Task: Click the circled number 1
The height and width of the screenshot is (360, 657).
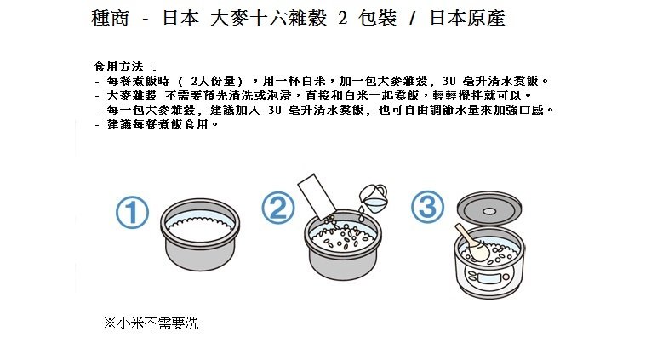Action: coord(133,213)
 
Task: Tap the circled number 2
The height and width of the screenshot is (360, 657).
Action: coord(278,208)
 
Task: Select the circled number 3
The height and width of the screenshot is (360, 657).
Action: coord(427,207)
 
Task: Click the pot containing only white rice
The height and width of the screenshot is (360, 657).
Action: coord(200,235)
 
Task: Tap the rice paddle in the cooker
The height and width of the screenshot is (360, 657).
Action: coord(472,243)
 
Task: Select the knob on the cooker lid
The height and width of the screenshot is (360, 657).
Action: coord(488,211)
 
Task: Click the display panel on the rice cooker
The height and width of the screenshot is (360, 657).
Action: coord(489,278)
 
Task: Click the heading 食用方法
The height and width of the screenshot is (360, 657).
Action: coord(118,66)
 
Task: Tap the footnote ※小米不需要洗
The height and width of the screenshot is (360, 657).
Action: coord(151,323)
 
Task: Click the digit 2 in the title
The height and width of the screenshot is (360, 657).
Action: coord(343,18)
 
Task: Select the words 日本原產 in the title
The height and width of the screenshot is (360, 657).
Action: coord(467,18)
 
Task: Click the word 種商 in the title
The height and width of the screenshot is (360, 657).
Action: coord(110,18)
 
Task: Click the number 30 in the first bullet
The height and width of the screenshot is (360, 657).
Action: coord(449,81)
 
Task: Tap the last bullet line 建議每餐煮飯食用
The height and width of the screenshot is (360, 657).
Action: coord(157,124)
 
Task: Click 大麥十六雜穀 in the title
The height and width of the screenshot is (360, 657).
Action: coord(269,18)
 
